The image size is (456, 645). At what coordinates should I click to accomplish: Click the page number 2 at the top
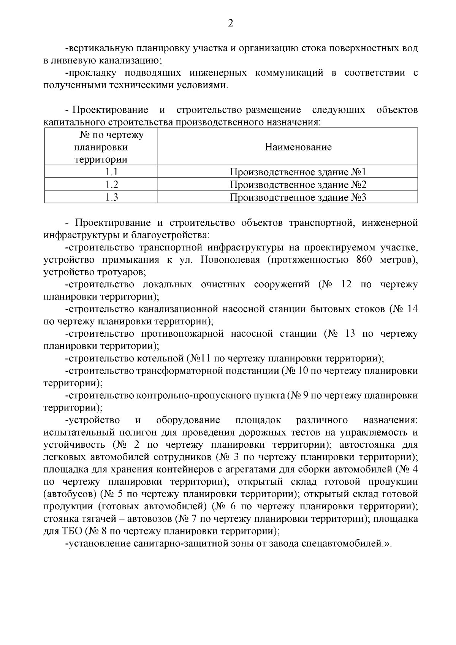tap(230, 24)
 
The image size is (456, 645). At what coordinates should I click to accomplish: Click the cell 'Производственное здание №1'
tap(298, 172)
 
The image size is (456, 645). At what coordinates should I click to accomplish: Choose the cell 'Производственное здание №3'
tap(298, 197)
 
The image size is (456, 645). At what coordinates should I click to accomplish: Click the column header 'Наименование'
tap(298, 147)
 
